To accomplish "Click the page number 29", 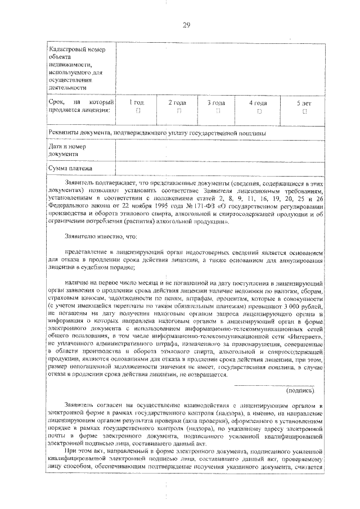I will click(186, 24).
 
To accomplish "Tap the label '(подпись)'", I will click(301, 374).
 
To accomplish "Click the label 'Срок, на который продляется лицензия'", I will click(81, 106).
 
